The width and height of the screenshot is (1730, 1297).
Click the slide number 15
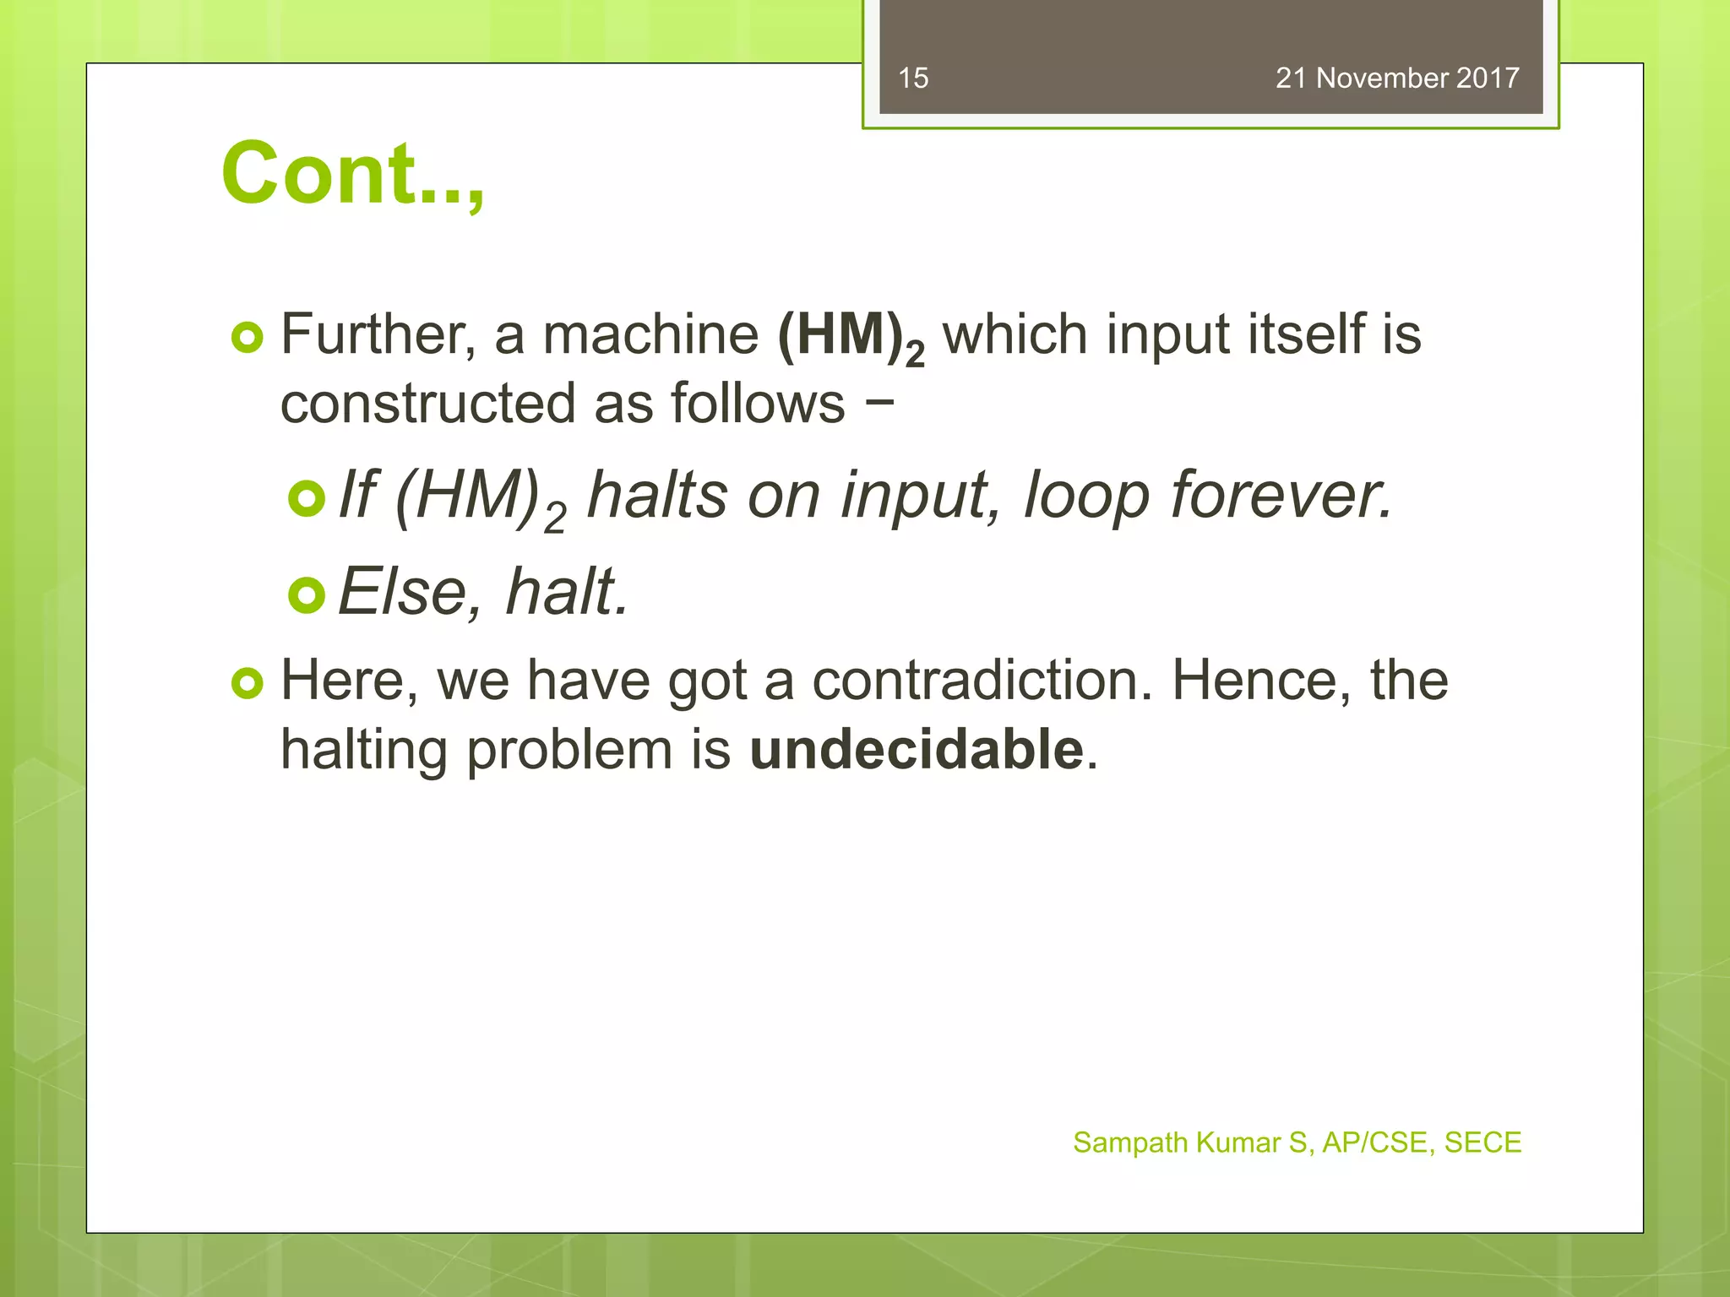coord(913,79)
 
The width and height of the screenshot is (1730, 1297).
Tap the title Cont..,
coord(352,174)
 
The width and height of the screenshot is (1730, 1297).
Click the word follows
coord(758,404)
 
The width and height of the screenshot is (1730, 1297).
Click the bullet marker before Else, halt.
coord(307,595)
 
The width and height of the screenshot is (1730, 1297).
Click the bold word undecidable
coord(917,750)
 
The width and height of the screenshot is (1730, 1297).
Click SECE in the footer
coord(1482,1142)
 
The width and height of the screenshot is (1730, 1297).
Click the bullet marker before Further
coord(248,339)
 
